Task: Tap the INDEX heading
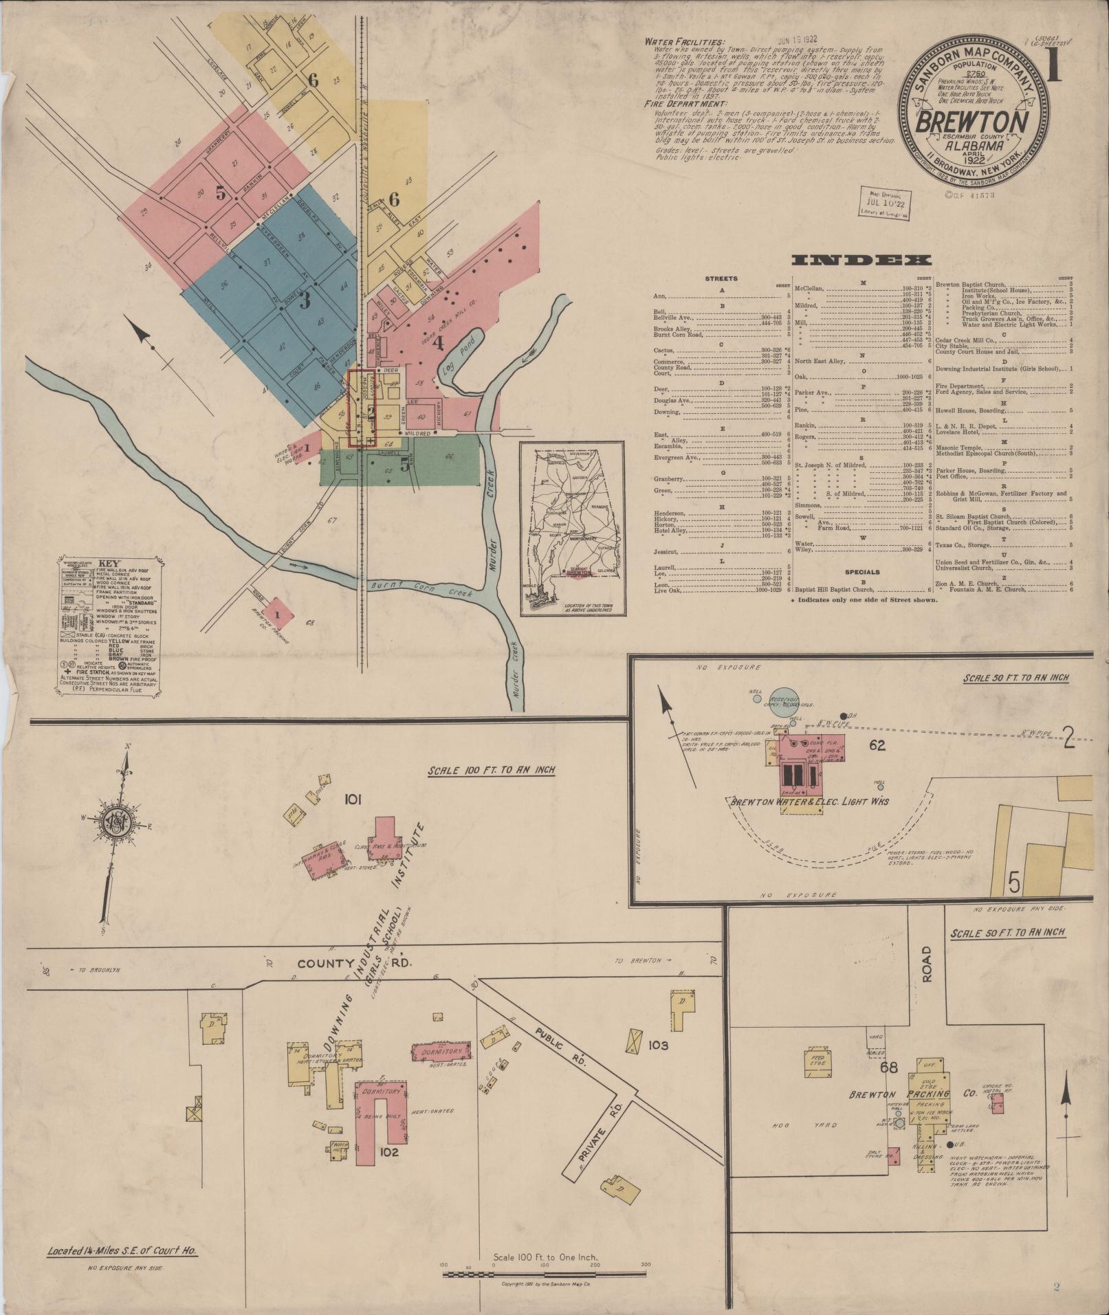[x=861, y=260]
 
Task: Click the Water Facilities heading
[x=684, y=42]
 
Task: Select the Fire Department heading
[x=684, y=104]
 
